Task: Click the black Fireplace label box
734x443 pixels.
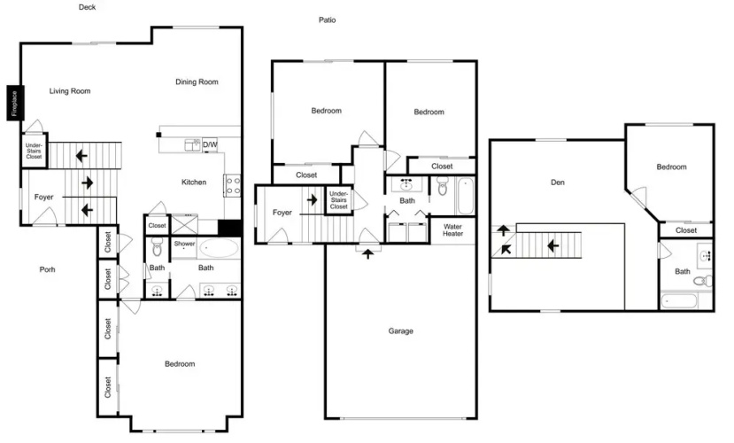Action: click(x=15, y=103)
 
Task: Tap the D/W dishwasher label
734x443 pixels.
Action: click(x=210, y=144)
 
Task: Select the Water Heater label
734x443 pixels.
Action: click(x=452, y=230)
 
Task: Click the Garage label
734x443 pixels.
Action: click(x=401, y=331)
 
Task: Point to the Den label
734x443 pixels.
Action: click(x=558, y=183)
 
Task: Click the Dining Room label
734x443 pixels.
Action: click(x=197, y=82)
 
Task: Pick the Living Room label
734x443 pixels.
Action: click(x=70, y=91)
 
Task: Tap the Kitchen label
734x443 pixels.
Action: click(x=194, y=183)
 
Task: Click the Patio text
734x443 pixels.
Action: click(x=328, y=19)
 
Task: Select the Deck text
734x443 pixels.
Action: click(x=87, y=7)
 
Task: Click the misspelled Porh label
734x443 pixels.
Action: click(x=47, y=269)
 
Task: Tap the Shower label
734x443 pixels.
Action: click(x=184, y=244)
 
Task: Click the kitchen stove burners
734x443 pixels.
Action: click(x=232, y=185)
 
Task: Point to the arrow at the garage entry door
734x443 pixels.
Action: click(x=368, y=253)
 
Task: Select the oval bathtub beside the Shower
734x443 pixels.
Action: click(x=219, y=248)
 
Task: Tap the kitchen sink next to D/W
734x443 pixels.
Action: click(x=192, y=144)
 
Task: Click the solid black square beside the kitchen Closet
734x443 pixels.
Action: click(x=230, y=228)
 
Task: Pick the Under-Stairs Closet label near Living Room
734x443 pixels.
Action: click(x=34, y=151)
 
